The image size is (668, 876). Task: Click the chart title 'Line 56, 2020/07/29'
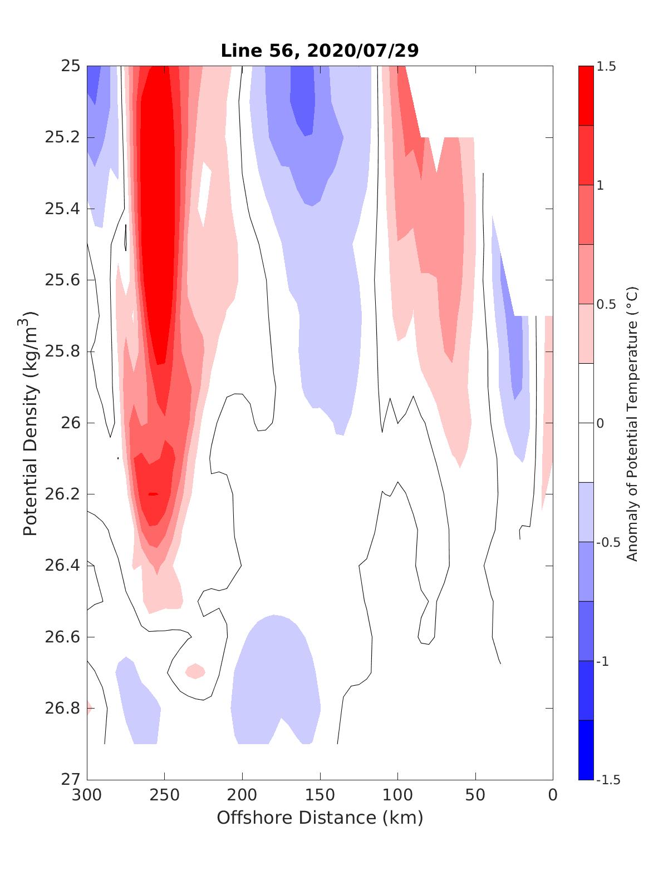[320, 51]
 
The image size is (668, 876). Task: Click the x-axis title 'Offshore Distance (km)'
[320, 818]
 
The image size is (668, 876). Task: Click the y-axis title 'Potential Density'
[31, 423]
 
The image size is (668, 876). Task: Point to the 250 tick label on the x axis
[164, 795]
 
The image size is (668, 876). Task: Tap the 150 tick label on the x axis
[320, 795]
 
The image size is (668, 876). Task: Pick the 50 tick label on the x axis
[475, 795]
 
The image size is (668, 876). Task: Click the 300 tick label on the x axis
[87, 795]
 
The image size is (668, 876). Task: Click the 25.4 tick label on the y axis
[61, 209]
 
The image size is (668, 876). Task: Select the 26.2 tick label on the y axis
[61, 494]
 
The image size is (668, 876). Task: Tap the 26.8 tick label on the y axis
[61, 709]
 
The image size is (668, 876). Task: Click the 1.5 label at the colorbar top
[607, 67]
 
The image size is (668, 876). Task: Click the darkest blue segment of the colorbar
[586, 750]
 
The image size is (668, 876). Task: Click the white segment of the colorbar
[586, 423]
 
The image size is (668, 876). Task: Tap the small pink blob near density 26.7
[195, 671]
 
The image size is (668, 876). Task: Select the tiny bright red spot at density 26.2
[153, 494]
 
